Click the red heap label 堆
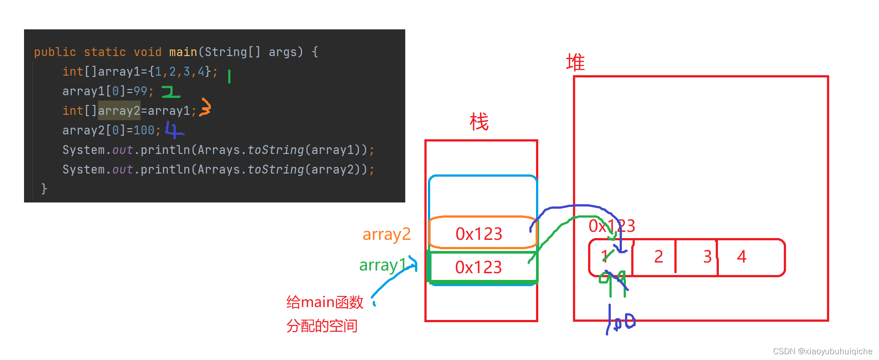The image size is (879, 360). [575, 62]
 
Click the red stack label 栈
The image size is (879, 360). [479, 122]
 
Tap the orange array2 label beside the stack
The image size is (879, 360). [387, 234]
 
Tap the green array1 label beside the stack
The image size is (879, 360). [383, 265]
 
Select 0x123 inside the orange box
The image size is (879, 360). [479, 234]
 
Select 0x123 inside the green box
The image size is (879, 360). [478, 267]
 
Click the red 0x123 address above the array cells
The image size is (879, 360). [612, 226]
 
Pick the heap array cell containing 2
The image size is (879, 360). [658, 257]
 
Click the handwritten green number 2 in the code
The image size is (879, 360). [170, 92]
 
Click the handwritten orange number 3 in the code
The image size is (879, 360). [205, 107]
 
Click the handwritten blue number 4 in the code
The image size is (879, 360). [174, 129]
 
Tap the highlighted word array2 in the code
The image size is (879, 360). [119, 110]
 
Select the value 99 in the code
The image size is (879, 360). [140, 91]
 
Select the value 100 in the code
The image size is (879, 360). [144, 130]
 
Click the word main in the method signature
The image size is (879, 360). [183, 52]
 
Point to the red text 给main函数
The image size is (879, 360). [325, 303]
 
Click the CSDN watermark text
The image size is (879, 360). [823, 351]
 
